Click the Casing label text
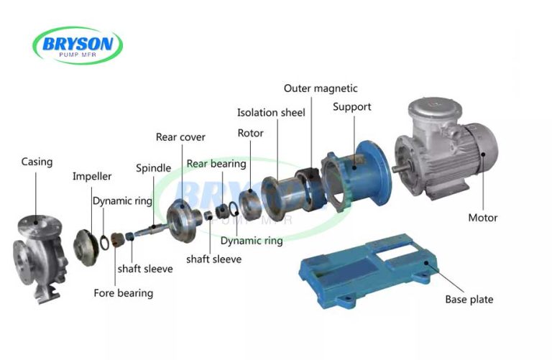[x=37, y=162]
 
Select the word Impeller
[x=92, y=176]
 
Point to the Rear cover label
[x=180, y=137]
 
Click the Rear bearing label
[x=216, y=164]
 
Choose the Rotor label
[x=250, y=133]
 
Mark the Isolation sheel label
[x=271, y=112]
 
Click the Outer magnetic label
[x=321, y=88]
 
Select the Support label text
[x=351, y=107]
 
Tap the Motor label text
[x=482, y=218]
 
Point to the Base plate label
[x=469, y=299]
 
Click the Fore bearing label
[x=123, y=293]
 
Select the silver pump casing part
[x=40, y=251]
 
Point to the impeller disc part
[x=88, y=244]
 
